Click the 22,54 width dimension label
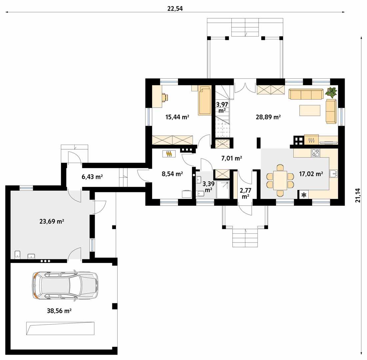tap(175, 9)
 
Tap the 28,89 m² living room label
tap(268, 117)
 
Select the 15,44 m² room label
tap(177, 117)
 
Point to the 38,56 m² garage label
tap(59, 311)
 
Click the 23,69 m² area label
tap(52, 221)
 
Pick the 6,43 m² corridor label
tap(92, 177)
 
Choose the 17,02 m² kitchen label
tap(311, 174)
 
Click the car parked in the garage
tap(65, 285)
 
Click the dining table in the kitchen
tap(280, 180)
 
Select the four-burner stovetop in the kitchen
tap(315, 153)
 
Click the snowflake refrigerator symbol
tap(304, 195)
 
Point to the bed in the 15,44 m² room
tap(205, 100)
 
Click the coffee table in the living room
tap(310, 110)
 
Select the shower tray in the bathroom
tap(223, 190)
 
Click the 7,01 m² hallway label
tap(231, 158)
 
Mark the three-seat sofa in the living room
tap(306, 94)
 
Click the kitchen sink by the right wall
tap(334, 173)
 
